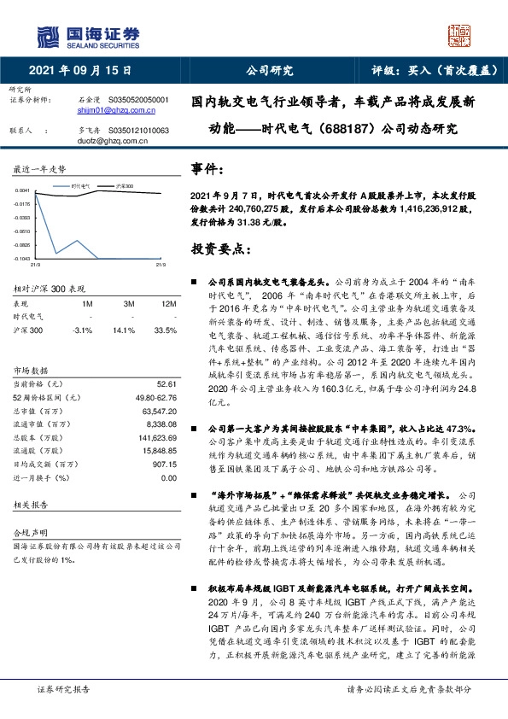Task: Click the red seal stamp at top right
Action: (459, 35)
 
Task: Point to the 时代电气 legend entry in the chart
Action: (81, 184)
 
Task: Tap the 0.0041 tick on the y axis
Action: (23, 190)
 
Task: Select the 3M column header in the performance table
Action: (130, 303)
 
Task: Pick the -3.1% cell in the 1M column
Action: (84, 329)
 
